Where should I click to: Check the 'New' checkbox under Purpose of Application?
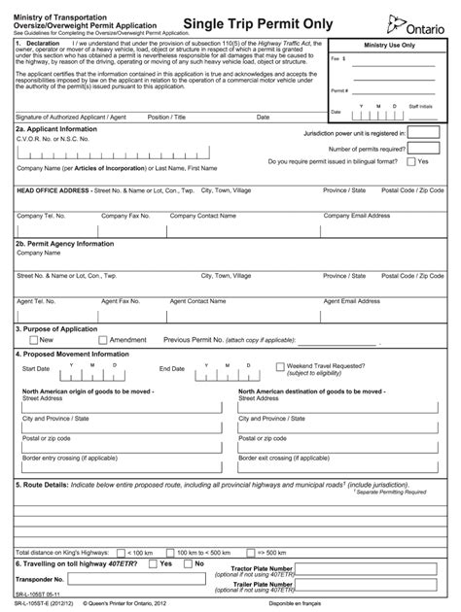coord(30,340)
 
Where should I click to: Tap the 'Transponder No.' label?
coord(38,579)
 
